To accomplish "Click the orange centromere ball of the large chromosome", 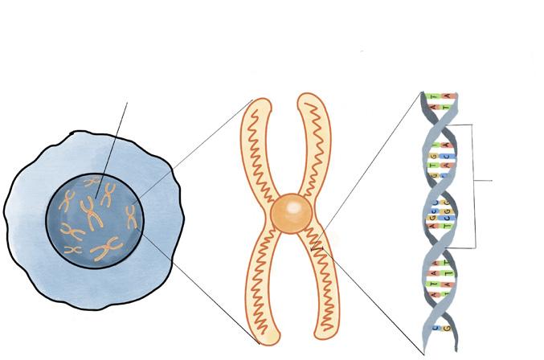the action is [290, 213].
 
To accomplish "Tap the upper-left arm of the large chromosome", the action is [258, 145].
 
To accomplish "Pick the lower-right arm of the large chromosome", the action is [321, 289].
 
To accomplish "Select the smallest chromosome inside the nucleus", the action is [73, 250].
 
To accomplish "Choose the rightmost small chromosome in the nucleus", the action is [131, 215].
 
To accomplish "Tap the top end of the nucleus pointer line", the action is [126, 103].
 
